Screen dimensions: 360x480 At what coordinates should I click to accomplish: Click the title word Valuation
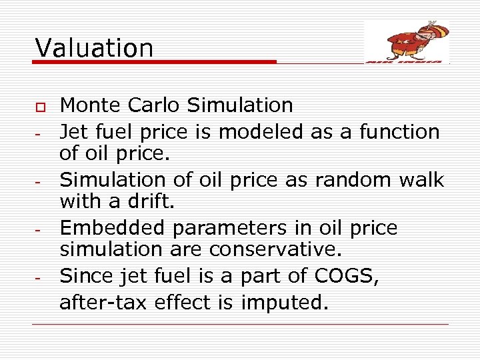coord(94,47)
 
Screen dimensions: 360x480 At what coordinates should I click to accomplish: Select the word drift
coord(154,201)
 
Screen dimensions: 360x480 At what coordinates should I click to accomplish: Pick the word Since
coord(87,275)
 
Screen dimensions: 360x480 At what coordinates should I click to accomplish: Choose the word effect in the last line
coord(184,303)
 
